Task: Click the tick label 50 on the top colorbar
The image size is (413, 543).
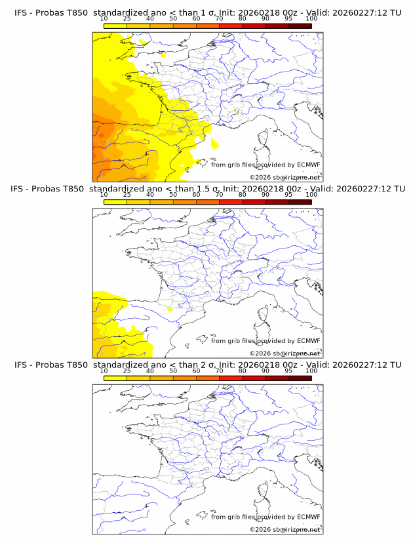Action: [x=173, y=18]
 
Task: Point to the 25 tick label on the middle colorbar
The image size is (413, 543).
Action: [x=127, y=195]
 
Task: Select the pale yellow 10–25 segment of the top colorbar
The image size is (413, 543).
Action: [x=115, y=26]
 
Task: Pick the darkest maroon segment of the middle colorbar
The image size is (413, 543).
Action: [x=300, y=203]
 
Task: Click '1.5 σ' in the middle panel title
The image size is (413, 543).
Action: [x=197, y=188]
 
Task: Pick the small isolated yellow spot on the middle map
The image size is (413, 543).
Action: [x=170, y=308]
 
